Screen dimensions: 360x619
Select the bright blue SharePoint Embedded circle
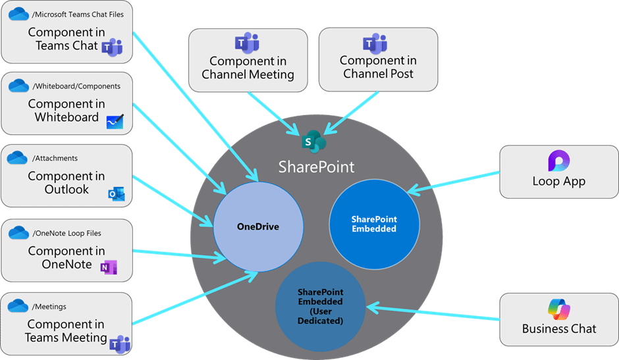374,224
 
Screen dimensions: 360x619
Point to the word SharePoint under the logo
316,167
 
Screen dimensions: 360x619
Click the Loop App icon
558,161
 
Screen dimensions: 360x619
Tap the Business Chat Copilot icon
558,309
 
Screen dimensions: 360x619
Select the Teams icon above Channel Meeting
247,43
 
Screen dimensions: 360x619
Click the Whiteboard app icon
115,120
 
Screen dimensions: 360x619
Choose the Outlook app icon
117,193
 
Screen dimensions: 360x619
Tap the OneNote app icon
107,267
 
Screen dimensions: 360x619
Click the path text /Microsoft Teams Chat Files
78,14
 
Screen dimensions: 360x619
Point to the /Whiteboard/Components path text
76,86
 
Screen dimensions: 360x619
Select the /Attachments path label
55,158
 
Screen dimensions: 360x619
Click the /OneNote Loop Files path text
67,233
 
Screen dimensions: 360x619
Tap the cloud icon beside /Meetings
17,306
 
